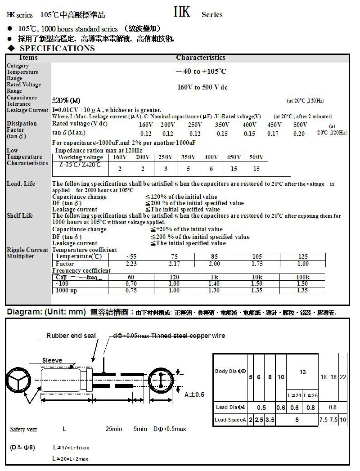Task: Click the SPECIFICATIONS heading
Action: (x=57, y=49)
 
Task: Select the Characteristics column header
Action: (x=201, y=58)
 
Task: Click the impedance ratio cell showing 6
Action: (x=211, y=169)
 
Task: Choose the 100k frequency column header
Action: (x=302, y=277)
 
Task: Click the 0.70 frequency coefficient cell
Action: (x=131, y=284)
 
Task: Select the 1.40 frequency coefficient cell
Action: (x=214, y=284)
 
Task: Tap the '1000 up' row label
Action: (x=66, y=291)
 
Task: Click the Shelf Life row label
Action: (x=20, y=215)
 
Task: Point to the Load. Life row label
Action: (x=21, y=184)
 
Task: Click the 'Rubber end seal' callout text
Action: (x=71, y=336)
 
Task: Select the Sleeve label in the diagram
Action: (x=52, y=360)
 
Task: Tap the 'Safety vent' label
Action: (x=23, y=429)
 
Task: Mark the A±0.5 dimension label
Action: (x=194, y=394)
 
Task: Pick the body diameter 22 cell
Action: (x=343, y=377)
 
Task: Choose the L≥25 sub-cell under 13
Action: (x=310, y=395)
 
